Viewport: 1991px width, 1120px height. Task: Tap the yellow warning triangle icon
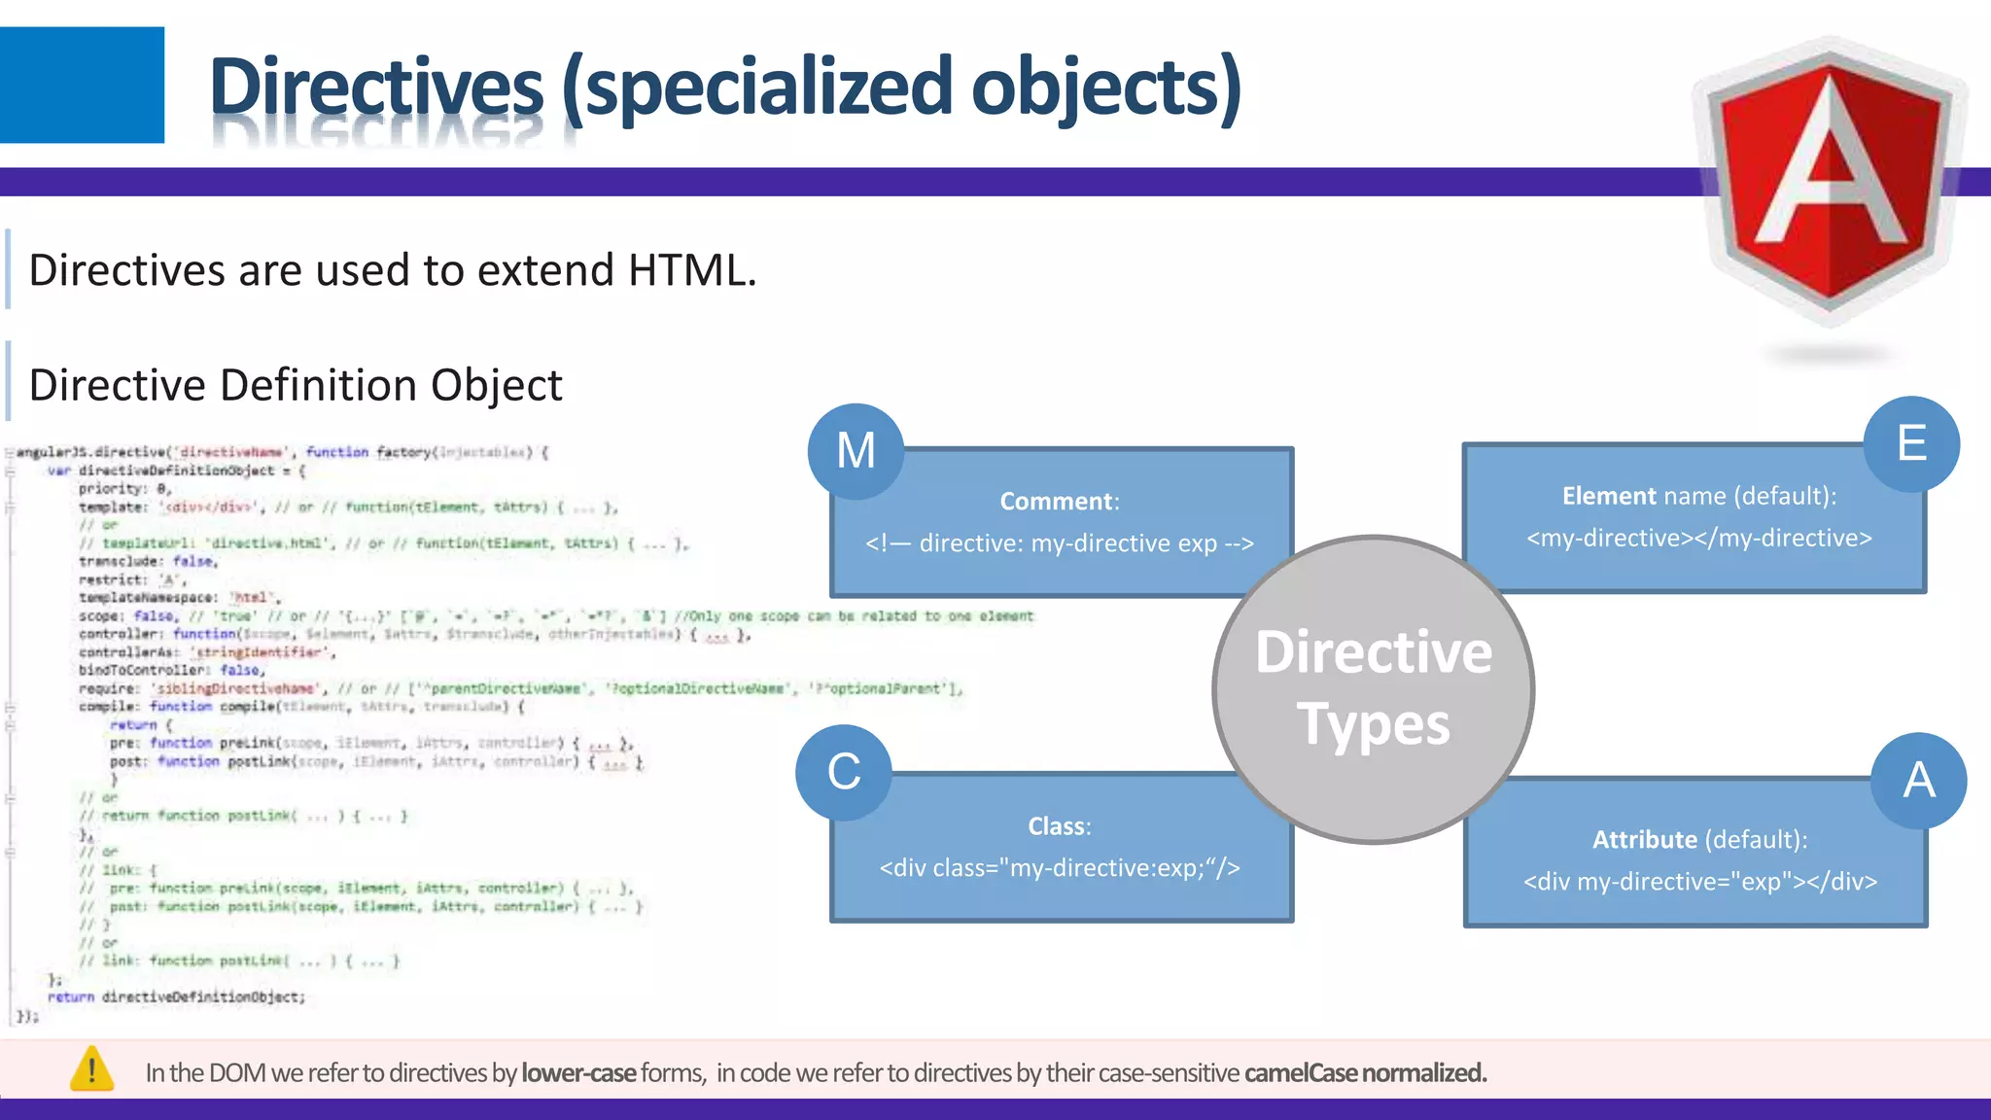tap(92, 1069)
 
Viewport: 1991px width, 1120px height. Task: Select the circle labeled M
tap(856, 451)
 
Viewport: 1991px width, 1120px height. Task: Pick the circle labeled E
tap(1911, 444)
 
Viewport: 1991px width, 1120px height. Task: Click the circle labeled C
tap(844, 773)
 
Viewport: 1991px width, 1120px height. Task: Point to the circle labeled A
tap(1918, 781)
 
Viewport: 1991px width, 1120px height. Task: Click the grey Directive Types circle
tap(1373, 688)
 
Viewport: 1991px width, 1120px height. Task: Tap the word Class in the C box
tap(1057, 826)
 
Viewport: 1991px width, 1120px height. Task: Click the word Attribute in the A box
tap(1644, 840)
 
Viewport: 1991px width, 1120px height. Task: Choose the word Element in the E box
tap(1609, 497)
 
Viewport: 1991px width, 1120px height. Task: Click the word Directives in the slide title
tap(376, 87)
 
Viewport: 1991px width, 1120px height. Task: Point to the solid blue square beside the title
tap(82, 85)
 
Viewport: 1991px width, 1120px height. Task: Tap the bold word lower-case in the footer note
tap(578, 1073)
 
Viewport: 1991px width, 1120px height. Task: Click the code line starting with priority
tap(125, 489)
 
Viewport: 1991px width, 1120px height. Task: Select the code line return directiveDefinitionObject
tap(176, 997)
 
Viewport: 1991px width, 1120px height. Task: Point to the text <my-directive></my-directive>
tap(1698, 539)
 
